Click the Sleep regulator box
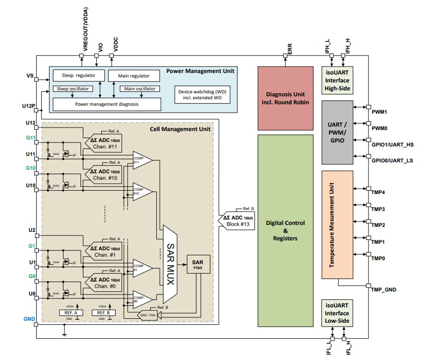(x=78, y=75)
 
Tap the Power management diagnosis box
(x=107, y=104)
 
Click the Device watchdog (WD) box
(x=203, y=94)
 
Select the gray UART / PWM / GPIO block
(x=337, y=133)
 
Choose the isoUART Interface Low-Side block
(x=337, y=313)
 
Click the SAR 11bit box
(x=198, y=264)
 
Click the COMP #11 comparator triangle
(x=141, y=160)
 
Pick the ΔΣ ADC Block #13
(x=238, y=220)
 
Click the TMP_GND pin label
(x=383, y=289)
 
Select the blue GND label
(x=29, y=318)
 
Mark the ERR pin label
(x=290, y=48)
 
